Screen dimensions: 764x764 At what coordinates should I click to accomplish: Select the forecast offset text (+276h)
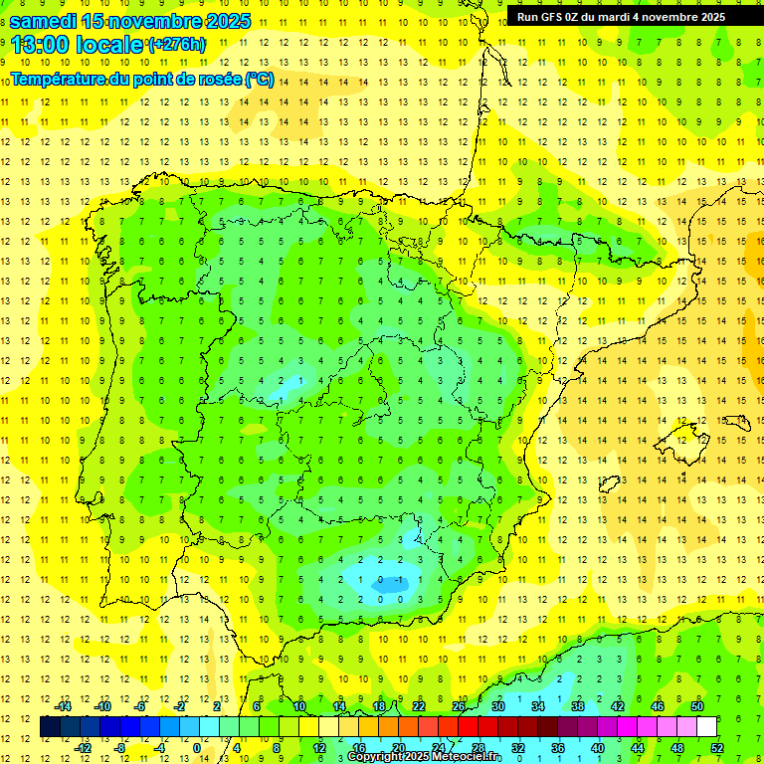click(176, 44)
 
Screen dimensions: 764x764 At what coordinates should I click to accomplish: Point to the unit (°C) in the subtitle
click(259, 79)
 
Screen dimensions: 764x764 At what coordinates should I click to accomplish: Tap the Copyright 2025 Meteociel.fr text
click(425, 757)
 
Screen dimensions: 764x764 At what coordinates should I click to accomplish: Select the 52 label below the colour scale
click(717, 747)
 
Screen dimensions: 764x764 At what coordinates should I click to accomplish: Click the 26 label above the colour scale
click(459, 706)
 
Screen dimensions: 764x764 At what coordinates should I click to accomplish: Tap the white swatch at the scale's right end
click(706, 727)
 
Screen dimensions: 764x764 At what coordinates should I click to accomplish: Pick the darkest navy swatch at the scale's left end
click(50, 727)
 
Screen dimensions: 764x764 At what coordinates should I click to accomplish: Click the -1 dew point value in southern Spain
click(399, 579)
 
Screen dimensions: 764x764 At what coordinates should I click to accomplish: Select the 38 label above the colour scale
click(578, 706)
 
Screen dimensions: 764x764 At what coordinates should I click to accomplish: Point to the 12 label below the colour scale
click(319, 747)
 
